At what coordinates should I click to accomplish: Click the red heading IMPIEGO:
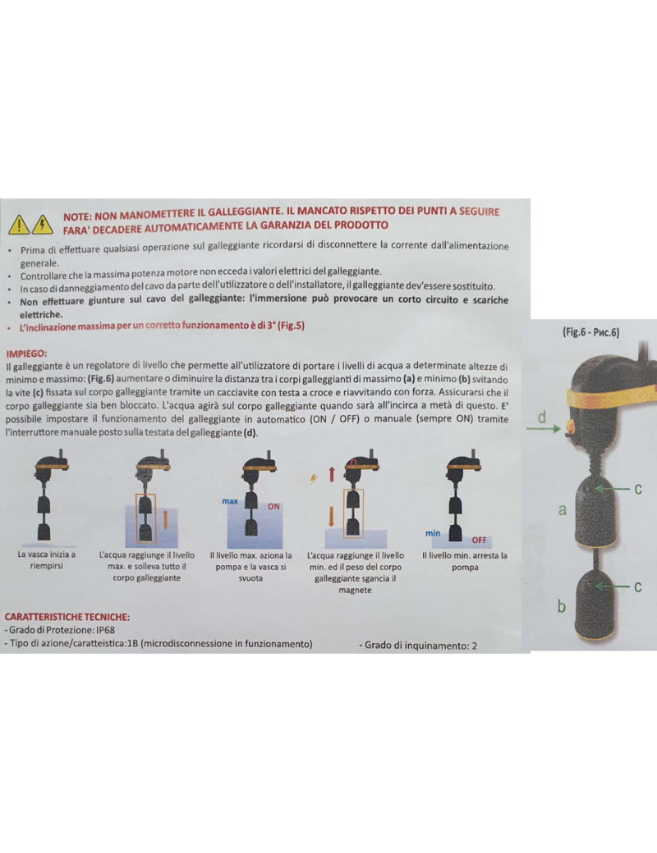[x=26, y=354]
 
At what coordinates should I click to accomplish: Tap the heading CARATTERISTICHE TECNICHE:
[x=67, y=617]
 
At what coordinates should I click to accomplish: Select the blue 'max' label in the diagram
[x=230, y=501]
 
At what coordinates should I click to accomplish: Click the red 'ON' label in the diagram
[x=273, y=507]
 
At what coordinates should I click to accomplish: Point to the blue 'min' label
[x=433, y=533]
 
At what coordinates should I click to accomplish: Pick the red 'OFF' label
[x=480, y=541]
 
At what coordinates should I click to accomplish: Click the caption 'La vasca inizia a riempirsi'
[x=46, y=560]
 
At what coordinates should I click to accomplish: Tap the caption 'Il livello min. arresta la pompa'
[x=465, y=561]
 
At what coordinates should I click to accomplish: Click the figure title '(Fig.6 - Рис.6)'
[x=591, y=332]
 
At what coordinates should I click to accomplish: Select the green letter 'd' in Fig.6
[x=541, y=417]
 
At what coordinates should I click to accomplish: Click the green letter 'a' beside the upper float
[x=563, y=510]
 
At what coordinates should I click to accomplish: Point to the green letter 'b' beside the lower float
[x=562, y=606]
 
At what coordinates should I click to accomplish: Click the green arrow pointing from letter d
[x=544, y=429]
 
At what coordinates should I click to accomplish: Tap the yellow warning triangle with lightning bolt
[x=42, y=225]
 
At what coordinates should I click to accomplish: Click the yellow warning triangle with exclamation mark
[x=19, y=225]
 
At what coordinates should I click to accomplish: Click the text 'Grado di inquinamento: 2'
[x=418, y=645]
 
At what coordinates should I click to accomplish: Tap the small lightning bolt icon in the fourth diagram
[x=314, y=479]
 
